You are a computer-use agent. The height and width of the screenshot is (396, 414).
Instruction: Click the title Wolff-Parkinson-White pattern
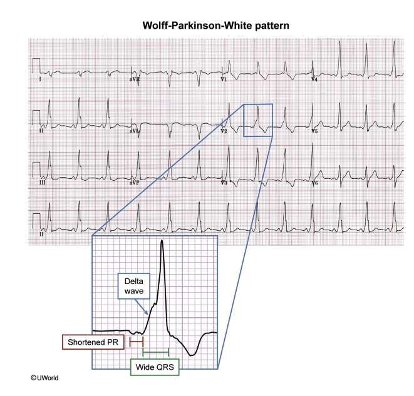point(207,27)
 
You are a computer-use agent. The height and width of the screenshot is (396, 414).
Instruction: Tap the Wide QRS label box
point(155,367)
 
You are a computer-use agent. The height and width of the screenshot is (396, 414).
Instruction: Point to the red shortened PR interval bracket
point(135,342)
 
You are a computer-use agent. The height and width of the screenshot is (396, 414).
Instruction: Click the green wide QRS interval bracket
point(156,353)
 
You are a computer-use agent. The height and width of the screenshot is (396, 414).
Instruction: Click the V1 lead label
point(224,80)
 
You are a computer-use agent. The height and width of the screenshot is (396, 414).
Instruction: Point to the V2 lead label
point(224,131)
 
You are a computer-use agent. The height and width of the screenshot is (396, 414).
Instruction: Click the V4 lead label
point(314,80)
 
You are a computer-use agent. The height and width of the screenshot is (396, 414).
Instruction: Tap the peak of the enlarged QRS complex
point(162,241)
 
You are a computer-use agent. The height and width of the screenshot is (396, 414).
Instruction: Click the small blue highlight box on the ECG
point(257,119)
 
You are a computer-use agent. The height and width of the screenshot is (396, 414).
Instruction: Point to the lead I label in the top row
point(40,80)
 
